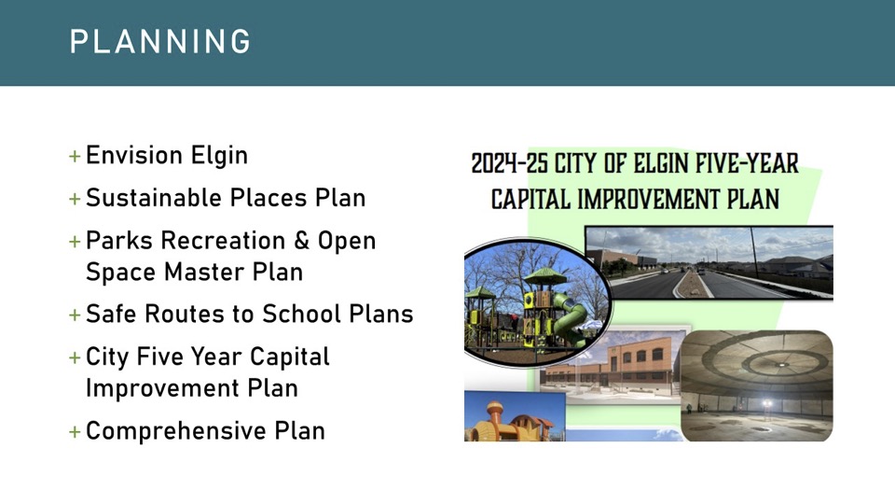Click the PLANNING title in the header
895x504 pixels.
coord(159,42)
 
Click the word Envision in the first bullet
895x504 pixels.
coord(134,156)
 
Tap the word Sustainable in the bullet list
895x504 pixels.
coord(154,198)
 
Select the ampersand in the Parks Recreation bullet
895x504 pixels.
coord(301,241)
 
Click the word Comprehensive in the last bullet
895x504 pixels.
coord(176,431)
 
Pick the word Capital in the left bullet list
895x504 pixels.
coord(289,357)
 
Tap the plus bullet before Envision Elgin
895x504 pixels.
coord(75,156)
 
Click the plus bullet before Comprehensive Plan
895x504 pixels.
coord(75,431)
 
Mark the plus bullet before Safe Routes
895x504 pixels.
coord(75,315)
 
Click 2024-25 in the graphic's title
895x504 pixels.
coord(509,163)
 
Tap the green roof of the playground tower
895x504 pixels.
coord(545,277)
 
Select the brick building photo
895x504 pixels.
coord(611,366)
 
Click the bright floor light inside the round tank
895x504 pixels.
coord(766,404)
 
